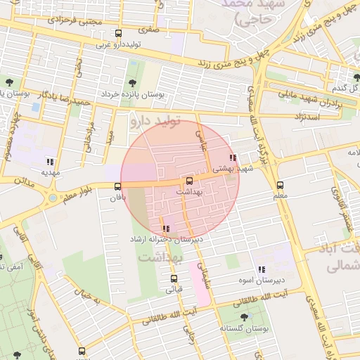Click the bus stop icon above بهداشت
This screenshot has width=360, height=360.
[189, 181]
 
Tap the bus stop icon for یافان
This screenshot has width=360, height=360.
[117, 186]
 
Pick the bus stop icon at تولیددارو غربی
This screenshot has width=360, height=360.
[119, 33]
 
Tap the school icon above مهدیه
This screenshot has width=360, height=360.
[49, 161]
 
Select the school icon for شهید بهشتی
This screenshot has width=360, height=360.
[233, 157]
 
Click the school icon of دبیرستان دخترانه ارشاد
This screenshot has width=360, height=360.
[166, 228]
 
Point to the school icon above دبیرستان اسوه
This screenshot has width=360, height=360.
[261, 269]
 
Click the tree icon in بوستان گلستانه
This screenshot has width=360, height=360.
[244, 317]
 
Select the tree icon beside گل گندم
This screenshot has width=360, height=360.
[357, 76]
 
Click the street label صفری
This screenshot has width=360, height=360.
[148, 30]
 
